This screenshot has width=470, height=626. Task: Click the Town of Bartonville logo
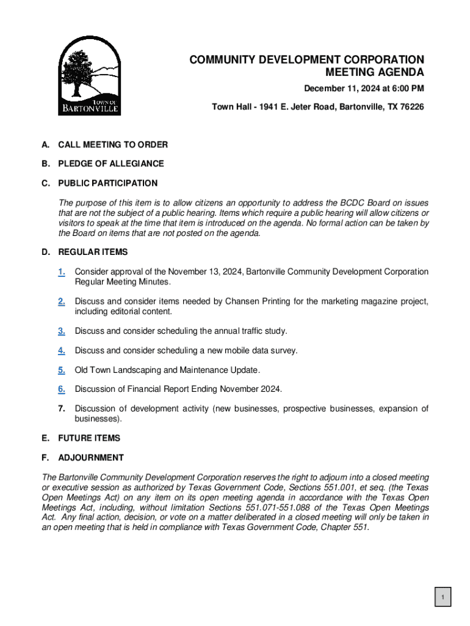pos(89,75)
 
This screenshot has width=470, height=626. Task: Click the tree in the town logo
pos(78,70)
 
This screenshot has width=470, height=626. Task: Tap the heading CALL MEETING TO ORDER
pos(113,145)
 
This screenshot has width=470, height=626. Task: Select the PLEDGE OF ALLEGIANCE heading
pos(111,164)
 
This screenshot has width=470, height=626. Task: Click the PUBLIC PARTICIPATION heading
pos(108,183)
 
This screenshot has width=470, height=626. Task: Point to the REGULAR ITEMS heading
pos(93,252)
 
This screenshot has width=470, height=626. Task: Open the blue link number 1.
pos(62,271)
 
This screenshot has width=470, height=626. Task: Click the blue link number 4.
pos(62,350)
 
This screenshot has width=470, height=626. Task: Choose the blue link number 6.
pos(62,389)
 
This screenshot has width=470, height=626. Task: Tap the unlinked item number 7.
pos(62,408)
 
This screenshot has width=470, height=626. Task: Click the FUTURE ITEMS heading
pos(89,438)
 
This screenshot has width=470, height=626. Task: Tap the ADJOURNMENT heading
pos(91,458)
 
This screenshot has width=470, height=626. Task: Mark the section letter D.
pos(45,252)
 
